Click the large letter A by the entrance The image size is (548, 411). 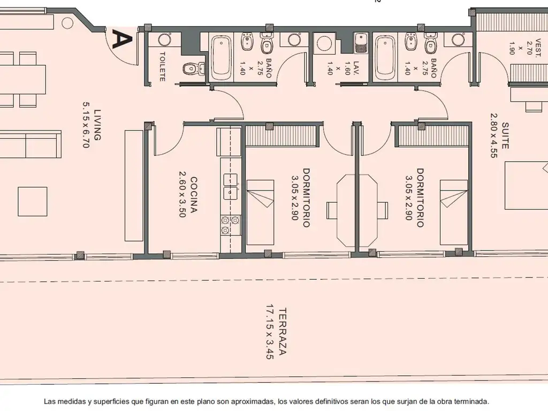(x=122, y=39)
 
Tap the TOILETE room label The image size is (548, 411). (x=162, y=67)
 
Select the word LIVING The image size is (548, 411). (x=97, y=125)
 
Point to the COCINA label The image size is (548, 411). (x=193, y=195)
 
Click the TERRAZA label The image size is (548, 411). (x=283, y=331)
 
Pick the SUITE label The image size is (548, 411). (x=505, y=135)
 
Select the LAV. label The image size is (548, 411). (x=356, y=68)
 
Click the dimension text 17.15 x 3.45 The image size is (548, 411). (x=270, y=332)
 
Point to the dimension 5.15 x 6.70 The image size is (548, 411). (x=86, y=125)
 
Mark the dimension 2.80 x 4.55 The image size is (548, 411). (x=493, y=135)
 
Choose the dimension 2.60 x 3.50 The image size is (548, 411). (x=182, y=194)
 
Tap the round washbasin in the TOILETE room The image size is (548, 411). (x=164, y=40)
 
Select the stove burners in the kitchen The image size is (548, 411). (x=230, y=225)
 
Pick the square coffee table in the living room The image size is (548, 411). (x=33, y=201)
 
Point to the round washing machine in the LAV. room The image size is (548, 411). (x=325, y=44)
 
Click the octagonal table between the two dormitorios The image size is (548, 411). (x=357, y=210)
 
